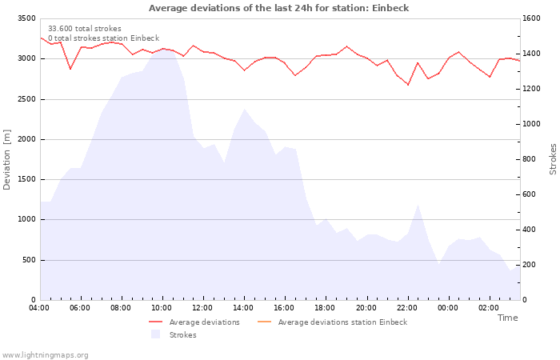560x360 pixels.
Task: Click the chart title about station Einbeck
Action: tap(280, 8)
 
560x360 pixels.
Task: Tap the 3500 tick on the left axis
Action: tap(26, 18)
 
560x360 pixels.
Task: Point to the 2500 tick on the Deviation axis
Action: tap(26, 99)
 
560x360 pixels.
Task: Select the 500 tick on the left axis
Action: tap(28, 260)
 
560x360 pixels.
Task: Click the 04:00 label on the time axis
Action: tap(39, 308)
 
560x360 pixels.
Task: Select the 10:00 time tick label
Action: tap(162, 308)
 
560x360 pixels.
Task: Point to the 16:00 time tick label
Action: tap(284, 308)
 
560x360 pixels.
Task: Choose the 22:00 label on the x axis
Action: tap(406, 308)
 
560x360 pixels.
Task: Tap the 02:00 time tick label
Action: tap(488, 308)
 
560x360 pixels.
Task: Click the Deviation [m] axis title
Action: tap(7, 159)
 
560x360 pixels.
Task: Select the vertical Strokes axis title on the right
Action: tap(553, 159)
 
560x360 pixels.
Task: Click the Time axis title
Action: tap(507, 318)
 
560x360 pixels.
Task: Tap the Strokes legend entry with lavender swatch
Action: tap(182, 335)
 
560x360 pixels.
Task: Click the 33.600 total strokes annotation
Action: tap(85, 29)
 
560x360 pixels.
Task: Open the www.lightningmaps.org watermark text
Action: tap(46, 355)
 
